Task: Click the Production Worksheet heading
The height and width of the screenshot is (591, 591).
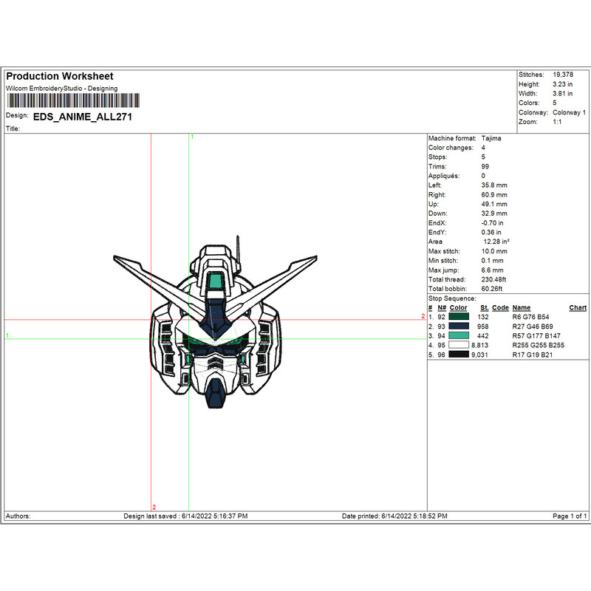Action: click(60, 77)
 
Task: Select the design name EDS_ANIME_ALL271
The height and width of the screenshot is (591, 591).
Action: click(83, 117)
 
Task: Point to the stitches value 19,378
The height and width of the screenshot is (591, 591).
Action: click(563, 75)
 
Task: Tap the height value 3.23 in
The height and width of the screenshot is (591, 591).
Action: click(563, 84)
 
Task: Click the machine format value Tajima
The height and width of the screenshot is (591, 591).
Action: click(491, 138)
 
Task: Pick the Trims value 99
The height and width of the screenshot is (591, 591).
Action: click(485, 166)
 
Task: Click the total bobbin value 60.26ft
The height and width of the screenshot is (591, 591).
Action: click(493, 289)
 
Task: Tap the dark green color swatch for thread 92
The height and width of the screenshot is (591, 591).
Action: click(459, 316)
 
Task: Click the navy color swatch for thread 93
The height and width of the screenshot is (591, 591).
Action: click(459, 326)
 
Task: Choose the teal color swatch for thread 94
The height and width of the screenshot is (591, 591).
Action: click(459, 335)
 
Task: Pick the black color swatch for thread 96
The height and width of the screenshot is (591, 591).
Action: click(459, 355)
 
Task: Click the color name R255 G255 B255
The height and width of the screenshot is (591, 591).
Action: click(538, 345)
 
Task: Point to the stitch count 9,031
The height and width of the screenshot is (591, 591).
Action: click(480, 355)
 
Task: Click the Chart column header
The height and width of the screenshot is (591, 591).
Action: click(578, 307)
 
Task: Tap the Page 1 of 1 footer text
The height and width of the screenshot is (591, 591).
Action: click(570, 516)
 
